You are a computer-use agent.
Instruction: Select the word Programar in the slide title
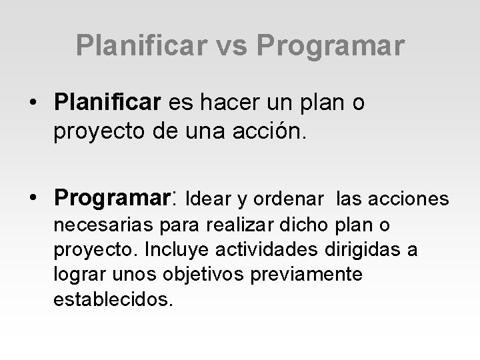[330, 45]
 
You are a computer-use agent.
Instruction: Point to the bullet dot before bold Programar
[33, 198]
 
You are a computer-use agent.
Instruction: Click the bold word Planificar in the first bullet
[109, 103]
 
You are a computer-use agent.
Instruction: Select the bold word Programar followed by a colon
[115, 198]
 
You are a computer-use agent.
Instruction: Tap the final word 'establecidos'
[113, 299]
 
